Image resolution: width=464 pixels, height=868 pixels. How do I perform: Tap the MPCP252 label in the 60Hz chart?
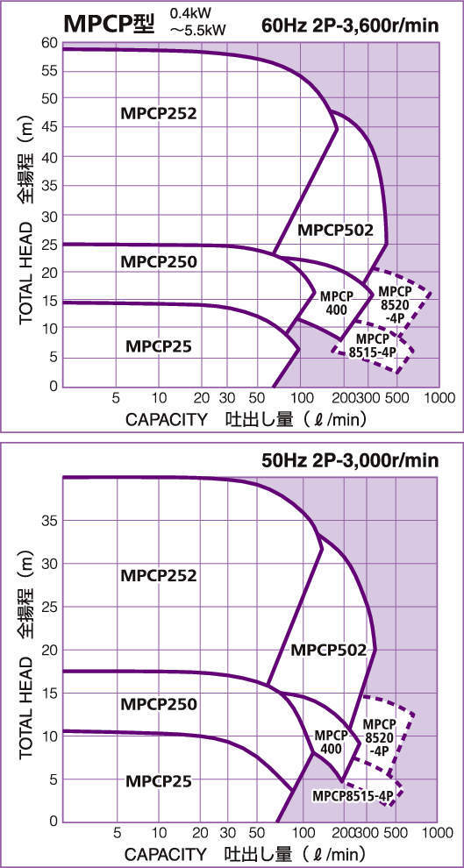(x=158, y=113)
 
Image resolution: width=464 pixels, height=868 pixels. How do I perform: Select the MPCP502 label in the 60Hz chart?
(x=335, y=231)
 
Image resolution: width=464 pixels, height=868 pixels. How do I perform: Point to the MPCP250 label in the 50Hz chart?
(x=158, y=704)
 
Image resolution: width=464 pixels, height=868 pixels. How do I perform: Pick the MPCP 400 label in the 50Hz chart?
(x=331, y=742)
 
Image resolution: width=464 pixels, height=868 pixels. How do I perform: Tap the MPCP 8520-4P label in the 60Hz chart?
(x=394, y=304)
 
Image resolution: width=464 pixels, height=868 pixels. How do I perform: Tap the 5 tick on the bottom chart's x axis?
(x=116, y=832)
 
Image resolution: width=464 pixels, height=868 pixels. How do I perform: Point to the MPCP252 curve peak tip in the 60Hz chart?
(x=338, y=129)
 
